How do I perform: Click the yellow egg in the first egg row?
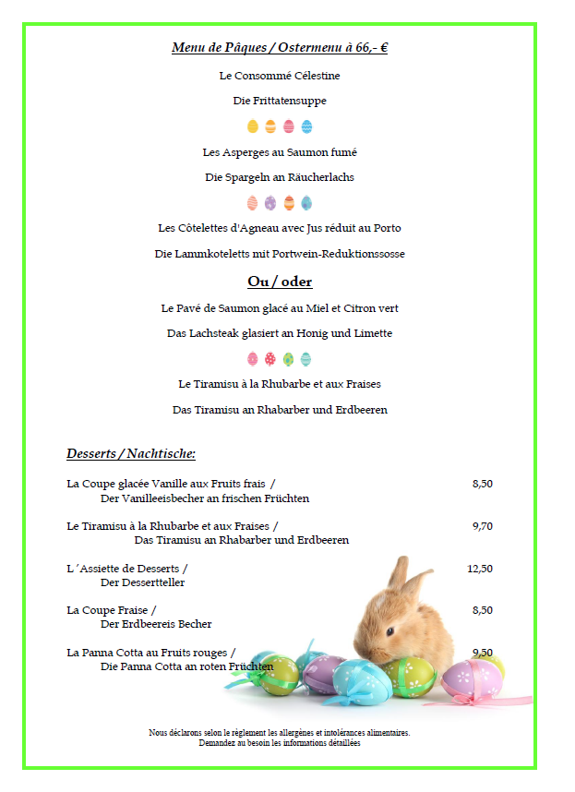(253, 126)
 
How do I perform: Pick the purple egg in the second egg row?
(270, 203)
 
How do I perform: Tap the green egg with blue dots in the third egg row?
(289, 359)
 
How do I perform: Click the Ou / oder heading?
(280, 282)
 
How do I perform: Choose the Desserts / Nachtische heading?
(131, 453)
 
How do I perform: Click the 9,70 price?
(482, 526)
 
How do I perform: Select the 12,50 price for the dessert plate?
(480, 569)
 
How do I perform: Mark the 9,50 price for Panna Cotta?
(482, 652)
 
